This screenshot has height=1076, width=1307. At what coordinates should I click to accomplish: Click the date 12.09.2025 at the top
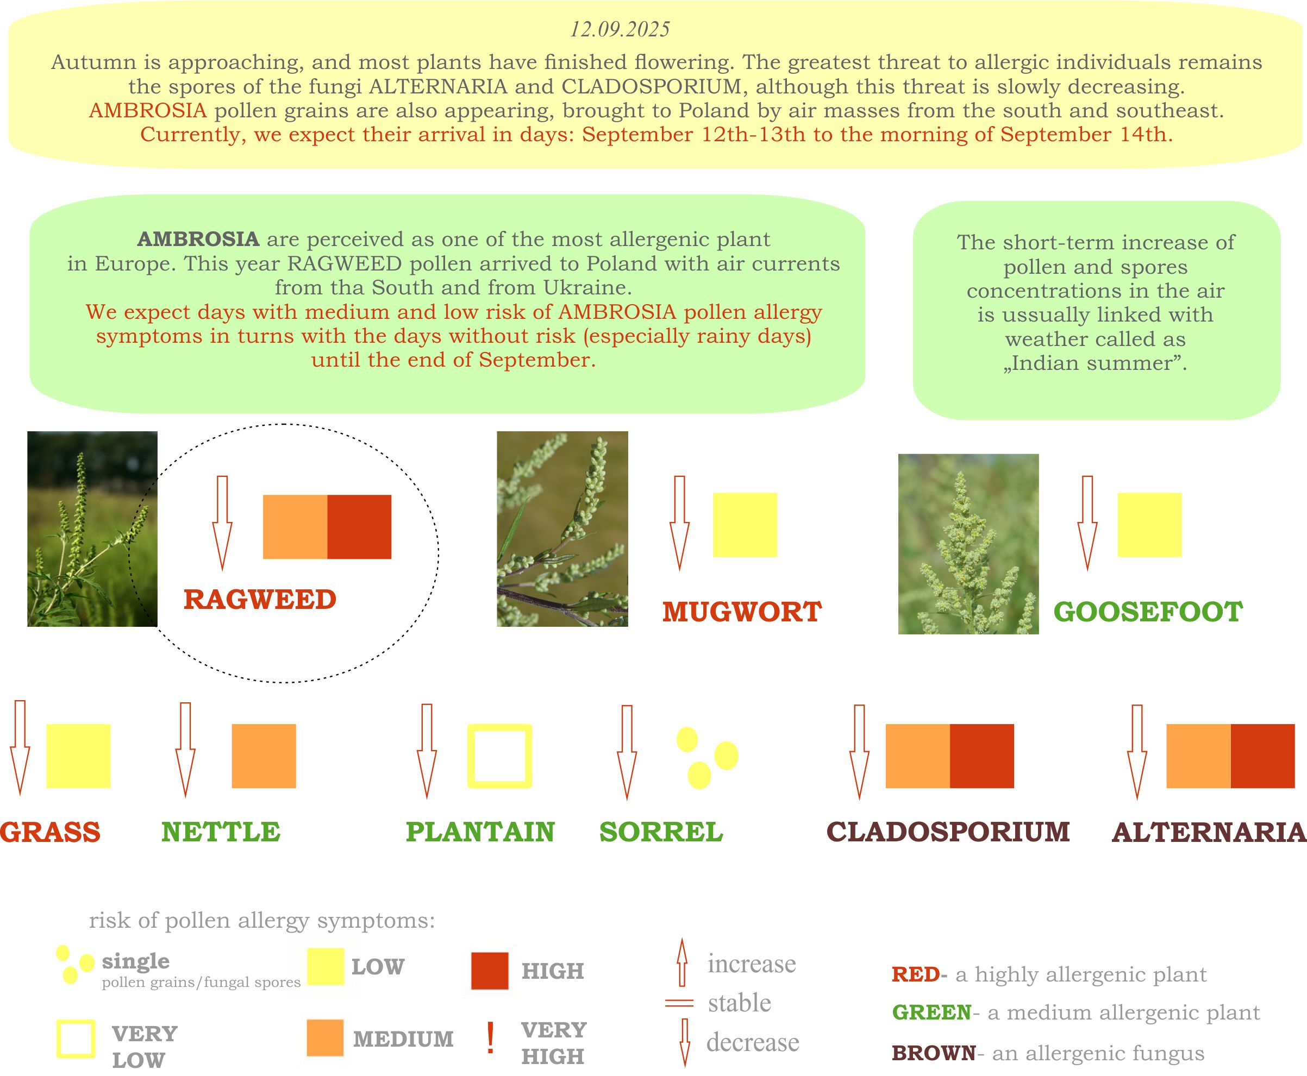pos(620,29)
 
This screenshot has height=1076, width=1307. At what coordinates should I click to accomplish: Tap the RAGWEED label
pos(260,599)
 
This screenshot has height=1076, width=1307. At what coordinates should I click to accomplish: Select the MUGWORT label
pos(742,612)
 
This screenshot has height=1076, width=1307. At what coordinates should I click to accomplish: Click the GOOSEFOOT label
pos(1148,612)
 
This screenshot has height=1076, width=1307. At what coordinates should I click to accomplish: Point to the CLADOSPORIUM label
pos(948,832)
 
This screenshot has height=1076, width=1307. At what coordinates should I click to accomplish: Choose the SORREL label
pos(661,832)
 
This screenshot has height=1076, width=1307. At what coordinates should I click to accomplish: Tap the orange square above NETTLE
pos(264,756)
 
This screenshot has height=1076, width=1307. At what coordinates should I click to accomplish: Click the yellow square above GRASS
pos(78,756)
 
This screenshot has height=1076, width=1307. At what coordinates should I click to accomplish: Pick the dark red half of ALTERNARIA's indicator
pos(1263,756)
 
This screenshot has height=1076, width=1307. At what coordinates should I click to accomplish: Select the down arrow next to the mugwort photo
pos(679,523)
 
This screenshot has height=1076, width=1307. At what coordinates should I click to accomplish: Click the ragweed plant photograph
pos(92,528)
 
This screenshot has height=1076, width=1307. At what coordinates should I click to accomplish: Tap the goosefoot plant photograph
pos(968,544)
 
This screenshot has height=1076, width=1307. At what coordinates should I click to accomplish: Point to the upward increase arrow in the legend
pos(682,962)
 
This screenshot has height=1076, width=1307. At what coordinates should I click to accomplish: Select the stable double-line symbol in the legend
pos(679,1003)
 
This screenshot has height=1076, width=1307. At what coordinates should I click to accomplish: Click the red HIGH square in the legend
pos(490,971)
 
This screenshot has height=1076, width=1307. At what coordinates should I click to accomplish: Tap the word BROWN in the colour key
pos(934,1053)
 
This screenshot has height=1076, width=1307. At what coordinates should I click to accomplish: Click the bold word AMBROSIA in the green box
pos(198,239)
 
